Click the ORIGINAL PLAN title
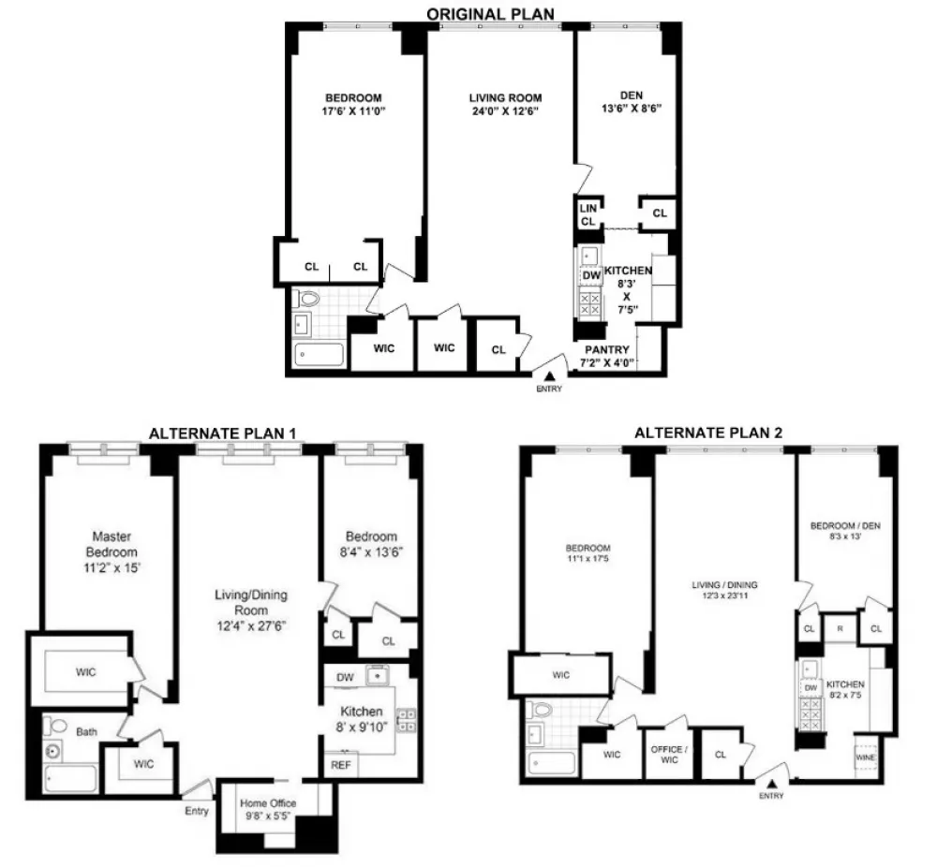click(x=490, y=13)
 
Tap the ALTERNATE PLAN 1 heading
click(x=222, y=433)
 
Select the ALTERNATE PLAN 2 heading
click(x=708, y=433)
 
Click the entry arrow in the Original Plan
click(x=549, y=376)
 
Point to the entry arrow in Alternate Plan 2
click(x=772, y=784)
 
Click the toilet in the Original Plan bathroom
click(x=307, y=298)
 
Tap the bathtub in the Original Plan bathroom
click(x=320, y=354)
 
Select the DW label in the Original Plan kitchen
click(x=591, y=275)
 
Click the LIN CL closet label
click(x=588, y=214)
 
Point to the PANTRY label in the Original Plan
click(x=606, y=350)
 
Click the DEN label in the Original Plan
click(x=631, y=96)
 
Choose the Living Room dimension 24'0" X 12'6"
click(x=506, y=111)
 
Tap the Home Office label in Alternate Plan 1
click(x=268, y=803)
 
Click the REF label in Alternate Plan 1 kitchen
click(x=341, y=765)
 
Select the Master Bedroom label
click(x=112, y=544)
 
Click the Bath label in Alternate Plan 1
click(x=86, y=731)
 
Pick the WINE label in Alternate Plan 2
click(x=865, y=757)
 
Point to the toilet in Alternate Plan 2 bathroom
click(x=542, y=710)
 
